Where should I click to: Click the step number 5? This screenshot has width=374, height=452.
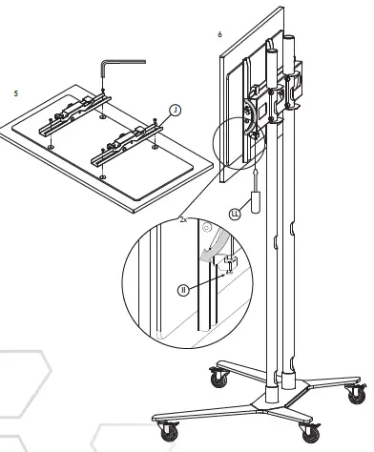(x=15, y=93)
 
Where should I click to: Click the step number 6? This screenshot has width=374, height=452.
(x=219, y=34)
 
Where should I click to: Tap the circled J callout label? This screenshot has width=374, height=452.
(x=176, y=109)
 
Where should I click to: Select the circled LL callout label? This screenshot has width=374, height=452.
(x=233, y=215)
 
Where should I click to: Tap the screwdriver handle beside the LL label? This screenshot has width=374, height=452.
(x=254, y=203)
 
